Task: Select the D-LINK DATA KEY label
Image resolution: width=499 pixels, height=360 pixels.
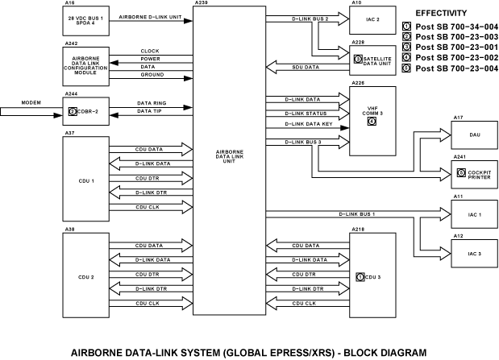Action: [x=305, y=125]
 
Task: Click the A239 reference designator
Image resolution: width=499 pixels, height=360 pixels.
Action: [x=200, y=4]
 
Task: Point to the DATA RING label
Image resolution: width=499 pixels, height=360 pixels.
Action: [x=152, y=104]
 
